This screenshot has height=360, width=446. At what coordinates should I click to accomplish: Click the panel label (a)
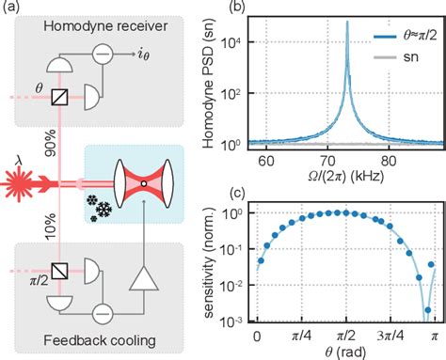(x=11, y=9)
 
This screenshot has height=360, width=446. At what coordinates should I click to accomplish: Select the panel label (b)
(x=240, y=9)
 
